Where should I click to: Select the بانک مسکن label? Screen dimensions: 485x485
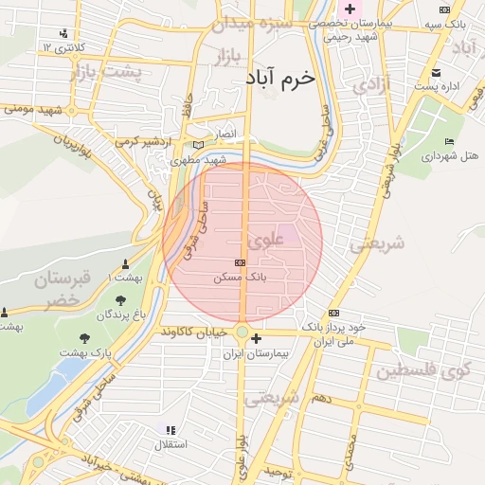[x=241, y=279]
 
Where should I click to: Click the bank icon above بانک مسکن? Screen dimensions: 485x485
[x=240, y=262]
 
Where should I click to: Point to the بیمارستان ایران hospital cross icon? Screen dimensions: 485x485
[x=256, y=335]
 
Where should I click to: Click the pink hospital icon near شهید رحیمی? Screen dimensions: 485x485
[x=350, y=9]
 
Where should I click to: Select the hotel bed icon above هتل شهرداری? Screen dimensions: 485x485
[x=448, y=141]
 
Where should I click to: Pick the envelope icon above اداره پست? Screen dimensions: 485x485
[x=436, y=72]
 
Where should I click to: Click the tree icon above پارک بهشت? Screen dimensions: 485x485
[x=85, y=337]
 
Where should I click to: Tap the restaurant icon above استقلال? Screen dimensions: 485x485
[x=171, y=429]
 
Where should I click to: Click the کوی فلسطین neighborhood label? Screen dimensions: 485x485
[x=423, y=370]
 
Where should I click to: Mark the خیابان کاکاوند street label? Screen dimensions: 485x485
[x=195, y=332]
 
